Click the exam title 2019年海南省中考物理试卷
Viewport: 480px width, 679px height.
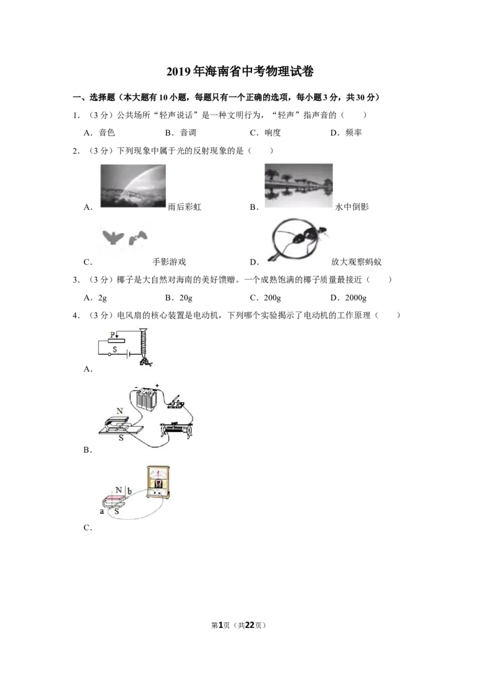[x=240, y=71]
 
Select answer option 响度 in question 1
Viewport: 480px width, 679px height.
[x=272, y=133]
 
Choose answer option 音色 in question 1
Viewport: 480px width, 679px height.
[x=107, y=133]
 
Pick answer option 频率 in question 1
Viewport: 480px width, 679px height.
[x=353, y=133]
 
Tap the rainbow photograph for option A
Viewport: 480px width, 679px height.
[x=133, y=186]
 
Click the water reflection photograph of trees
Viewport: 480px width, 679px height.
[x=299, y=185]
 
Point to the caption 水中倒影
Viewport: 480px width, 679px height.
[x=352, y=207]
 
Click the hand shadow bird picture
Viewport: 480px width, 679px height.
[x=125, y=238]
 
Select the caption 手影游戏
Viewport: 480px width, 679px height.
[x=169, y=262]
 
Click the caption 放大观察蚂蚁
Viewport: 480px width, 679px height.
[x=356, y=262]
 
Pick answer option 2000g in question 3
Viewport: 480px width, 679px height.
[x=356, y=298]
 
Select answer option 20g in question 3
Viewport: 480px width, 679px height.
[x=186, y=298]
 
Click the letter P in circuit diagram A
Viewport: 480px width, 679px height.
[x=113, y=334]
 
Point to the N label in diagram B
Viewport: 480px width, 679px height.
[x=119, y=411]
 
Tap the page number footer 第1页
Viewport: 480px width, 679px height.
[x=221, y=625]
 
